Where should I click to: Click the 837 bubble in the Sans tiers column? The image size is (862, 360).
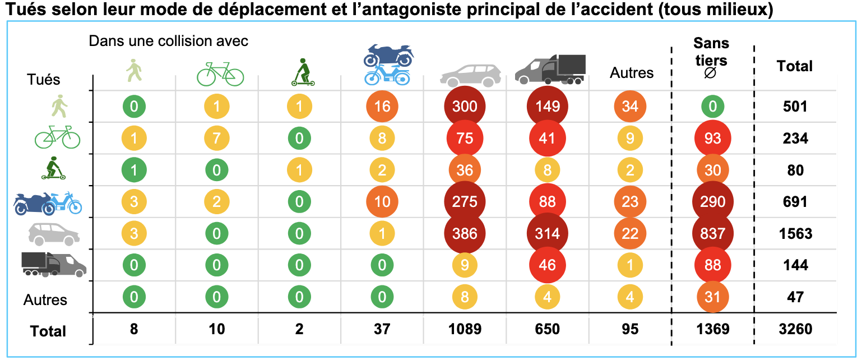[x=712, y=233]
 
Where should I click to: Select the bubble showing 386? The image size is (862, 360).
[x=465, y=233]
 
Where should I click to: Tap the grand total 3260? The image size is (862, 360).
[x=795, y=329]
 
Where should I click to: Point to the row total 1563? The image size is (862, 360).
[x=795, y=233]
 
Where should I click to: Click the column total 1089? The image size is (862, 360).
[x=465, y=329]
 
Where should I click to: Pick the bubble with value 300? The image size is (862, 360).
[x=465, y=107]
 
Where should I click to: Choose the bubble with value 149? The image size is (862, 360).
[x=548, y=107]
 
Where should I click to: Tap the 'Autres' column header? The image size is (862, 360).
[x=632, y=73]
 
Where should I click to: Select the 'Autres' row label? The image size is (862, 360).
[x=45, y=300]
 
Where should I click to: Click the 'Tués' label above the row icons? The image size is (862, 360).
[x=43, y=80]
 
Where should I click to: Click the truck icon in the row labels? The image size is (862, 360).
[x=54, y=264]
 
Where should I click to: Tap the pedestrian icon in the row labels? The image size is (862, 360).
[x=58, y=105]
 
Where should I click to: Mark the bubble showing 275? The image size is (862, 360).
[x=465, y=202]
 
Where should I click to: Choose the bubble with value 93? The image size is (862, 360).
[x=712, y=138]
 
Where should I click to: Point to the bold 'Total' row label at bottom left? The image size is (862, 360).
[x=48, y=331]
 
